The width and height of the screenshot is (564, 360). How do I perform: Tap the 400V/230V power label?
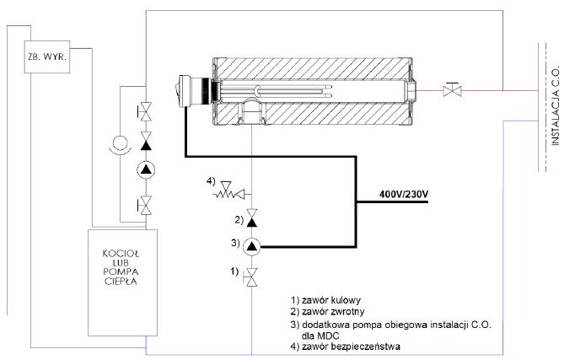(404, 195)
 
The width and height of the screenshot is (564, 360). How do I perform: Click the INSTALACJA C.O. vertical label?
(556, 105)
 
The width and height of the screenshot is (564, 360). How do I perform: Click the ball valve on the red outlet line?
(453, 89)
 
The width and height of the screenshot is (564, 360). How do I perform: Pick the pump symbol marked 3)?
(252, 246)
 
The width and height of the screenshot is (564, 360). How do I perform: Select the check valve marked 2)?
(252, 218)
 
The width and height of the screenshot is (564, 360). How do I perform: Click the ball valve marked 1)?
(250, 277)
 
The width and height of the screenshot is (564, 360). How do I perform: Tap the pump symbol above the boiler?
(146, 169)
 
